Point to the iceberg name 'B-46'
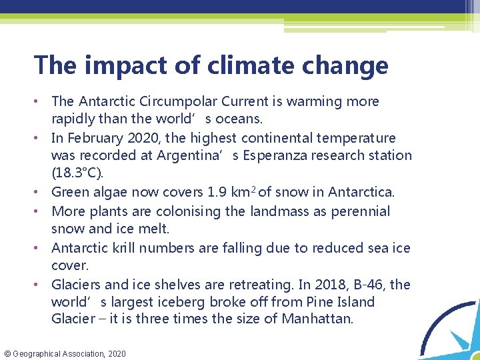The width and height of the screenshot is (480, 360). pyautogui.click(x=369, y=285)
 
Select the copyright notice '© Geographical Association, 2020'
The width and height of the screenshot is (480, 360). pyautogui.click(x=64, y=353)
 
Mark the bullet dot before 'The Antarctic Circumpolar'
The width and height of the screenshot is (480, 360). pyautogui.click(x=41, y=102)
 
